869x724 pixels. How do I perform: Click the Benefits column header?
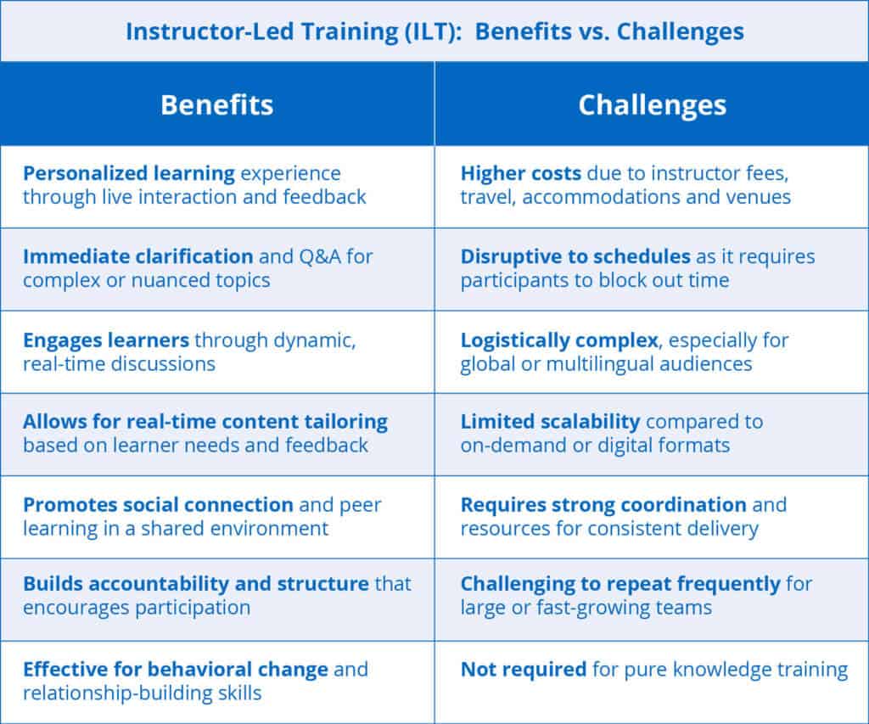pos(217,104)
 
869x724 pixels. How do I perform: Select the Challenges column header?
pos(652,104)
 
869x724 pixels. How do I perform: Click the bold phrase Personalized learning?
pos(129,174)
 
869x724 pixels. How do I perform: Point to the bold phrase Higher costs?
pos(520,174)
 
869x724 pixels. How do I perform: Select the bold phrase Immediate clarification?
pos(137,256)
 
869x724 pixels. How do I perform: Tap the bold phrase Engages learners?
pos(106,340)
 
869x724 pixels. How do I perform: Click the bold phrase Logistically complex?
pos(559,340)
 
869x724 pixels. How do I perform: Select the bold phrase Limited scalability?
pos(549,421)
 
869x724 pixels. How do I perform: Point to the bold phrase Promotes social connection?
pos(158,505)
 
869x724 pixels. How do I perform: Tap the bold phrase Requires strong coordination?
pos(603,505)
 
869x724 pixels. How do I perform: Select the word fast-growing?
pos(617,608)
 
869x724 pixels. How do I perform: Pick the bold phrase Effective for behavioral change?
pos(176,669)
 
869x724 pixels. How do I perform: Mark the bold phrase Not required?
pos(523,669)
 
